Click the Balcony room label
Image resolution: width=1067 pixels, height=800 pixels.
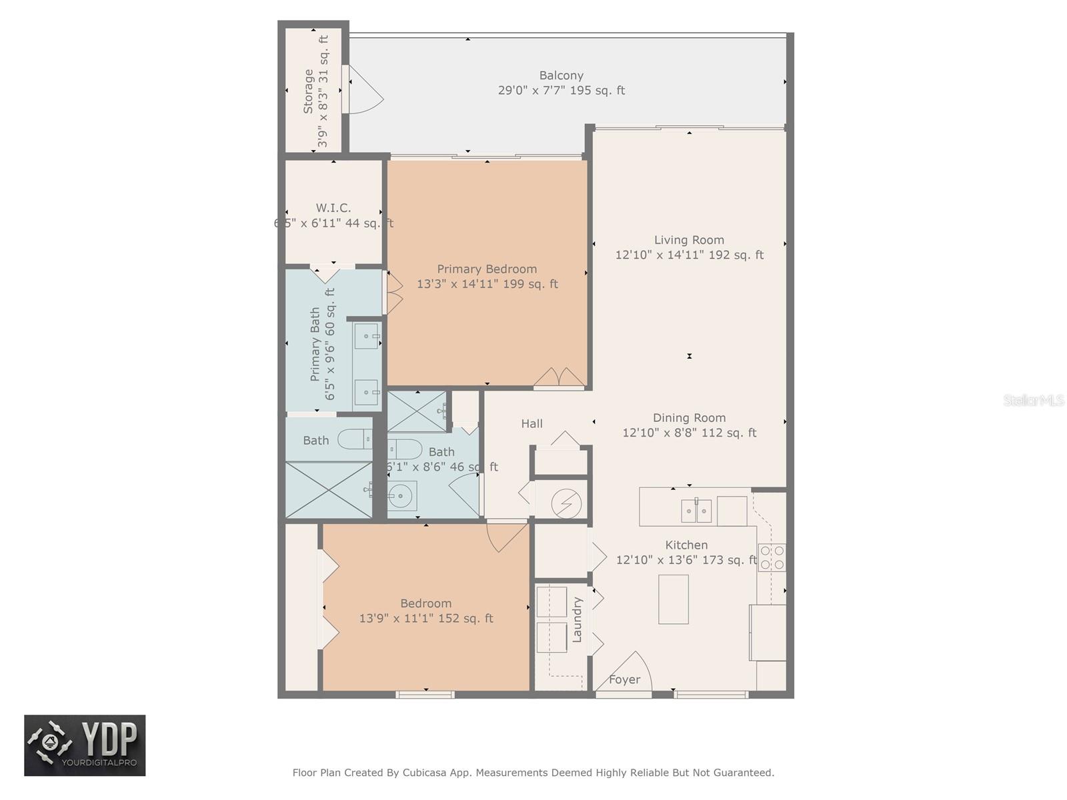pyautogui.click(x=561, y=75)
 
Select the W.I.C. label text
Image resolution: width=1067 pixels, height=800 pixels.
pyautogui.click(x=333, y=208)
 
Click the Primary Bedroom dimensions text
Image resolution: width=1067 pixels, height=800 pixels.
pyautogui.click(x=487, y=284)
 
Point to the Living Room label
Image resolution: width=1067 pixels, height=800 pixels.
pyautogui.click(x=689, y=240)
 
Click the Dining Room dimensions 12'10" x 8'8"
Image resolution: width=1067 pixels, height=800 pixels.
pyautogui.click(x=689, y=433)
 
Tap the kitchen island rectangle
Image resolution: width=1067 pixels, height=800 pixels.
pyautogui.click(x=673, y=599)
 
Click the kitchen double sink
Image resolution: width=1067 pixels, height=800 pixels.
pyautogui.click(x=696, y=511)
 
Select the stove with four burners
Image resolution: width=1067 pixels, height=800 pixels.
pyautogui.click(x=772, y=557)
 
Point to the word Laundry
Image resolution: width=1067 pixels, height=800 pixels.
pyautogui.click(x=578, y=619)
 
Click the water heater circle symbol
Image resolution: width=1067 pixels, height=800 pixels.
pyautogui.click(x=566, y=503)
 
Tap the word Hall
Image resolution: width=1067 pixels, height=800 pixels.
pyautogui.click(x=531, y=423)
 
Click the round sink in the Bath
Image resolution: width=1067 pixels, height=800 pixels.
pyautogui.click(x=402, y=495)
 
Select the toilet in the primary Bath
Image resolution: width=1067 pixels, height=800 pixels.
pyautogui.click(x=353, y=439)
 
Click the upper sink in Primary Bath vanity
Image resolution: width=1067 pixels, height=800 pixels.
pyautogui.click(x=366, y=336)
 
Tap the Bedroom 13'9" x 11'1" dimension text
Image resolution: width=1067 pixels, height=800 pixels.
pyautogui.click(x=425, y=619)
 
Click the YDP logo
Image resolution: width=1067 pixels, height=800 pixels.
pyautogui.click(x=85, y=745)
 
